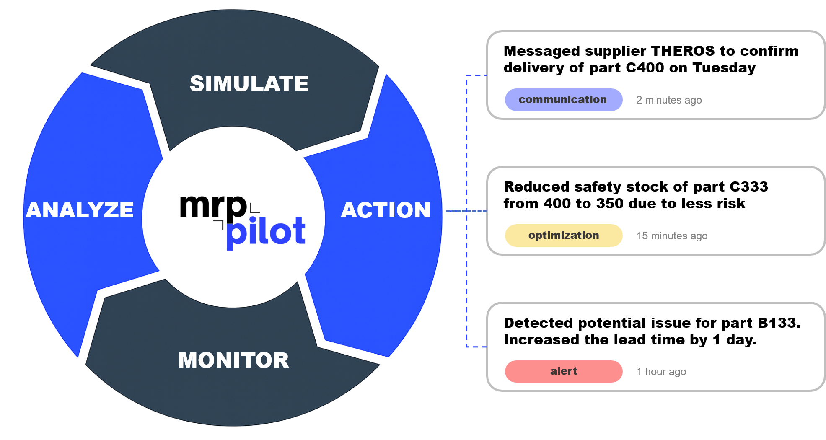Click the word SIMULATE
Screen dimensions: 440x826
pyautogui.click(x=249, y=83)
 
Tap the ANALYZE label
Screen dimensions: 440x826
pyautogui.click(x=80, y=210)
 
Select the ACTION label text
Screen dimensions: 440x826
pyautogui.click(x=386, y=210)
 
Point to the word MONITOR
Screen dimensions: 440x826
pyautogui.click(x=233, y=360)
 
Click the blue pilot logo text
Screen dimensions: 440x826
pyautogui.click(x=266, y=232)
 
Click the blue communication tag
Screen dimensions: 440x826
pyautogui.click(x=563, y=100)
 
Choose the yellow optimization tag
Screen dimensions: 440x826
pyautogui.click(x=563, y=236)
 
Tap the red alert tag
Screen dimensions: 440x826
pyautogui.click(x=563, y=371)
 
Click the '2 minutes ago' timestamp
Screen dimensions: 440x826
pyautogui.click(x=669, y=100)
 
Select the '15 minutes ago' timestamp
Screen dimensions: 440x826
pyautogui.click(x=672, y=236)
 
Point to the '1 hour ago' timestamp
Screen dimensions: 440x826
pyautogui.click(x=661, y=372)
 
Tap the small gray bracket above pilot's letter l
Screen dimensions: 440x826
pyautogui.click(x=254, y=208)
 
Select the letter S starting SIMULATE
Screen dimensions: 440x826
pyautogui.click(x=197, y=83)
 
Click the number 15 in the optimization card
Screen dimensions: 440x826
pyautogui.click(x=642, y=236)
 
